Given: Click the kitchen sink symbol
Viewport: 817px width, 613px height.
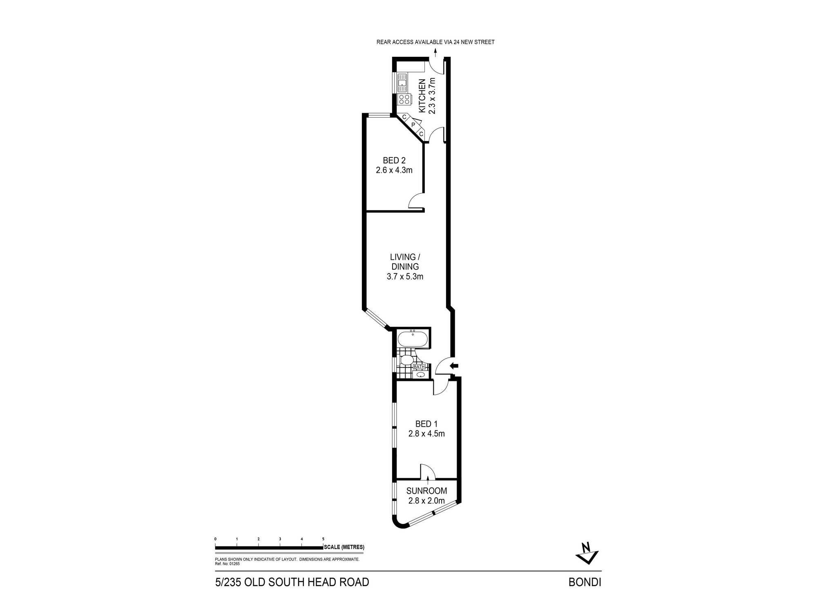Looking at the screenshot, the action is tap(402, 83).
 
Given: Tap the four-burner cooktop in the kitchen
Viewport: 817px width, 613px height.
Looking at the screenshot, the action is tap(404, 99).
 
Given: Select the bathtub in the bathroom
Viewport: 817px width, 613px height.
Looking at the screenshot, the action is tap(413, 339).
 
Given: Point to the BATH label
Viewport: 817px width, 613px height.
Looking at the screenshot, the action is tap(420, 367).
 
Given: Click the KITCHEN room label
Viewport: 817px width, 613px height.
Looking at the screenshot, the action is tap(422, 96).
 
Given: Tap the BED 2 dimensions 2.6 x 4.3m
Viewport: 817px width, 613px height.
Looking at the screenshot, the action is tap(394, 170).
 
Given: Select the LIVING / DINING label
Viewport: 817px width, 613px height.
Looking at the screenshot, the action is tap(405, 262).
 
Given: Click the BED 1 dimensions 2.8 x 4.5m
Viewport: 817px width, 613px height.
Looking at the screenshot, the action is tap(426, 434).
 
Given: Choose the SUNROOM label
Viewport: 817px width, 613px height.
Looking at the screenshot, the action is tap(426, 491).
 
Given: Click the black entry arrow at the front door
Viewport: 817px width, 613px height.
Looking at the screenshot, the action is tap(454, 366).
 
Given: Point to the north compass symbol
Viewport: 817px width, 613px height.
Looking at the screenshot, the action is tap(587, 553).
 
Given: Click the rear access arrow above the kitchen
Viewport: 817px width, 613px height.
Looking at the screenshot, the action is tap(435, 52).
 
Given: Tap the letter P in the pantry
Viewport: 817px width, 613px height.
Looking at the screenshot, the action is tap(413, 125).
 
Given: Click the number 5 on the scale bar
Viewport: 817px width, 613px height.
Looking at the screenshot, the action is tap(323, 539).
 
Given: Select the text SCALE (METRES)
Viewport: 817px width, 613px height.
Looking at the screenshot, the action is tap(344, 547).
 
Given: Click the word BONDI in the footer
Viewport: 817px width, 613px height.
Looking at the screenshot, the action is tap(585, 582).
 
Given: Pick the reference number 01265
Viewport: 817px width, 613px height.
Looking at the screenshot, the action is tap(234, 564).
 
